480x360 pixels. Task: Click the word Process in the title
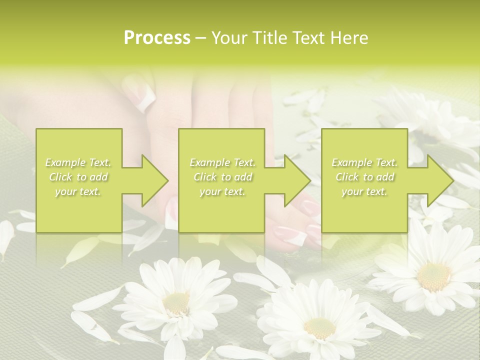click(157, 38)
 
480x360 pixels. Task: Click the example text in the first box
click(78, 176)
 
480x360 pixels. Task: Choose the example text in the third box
click(364, 176)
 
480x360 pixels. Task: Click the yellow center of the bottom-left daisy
click(176, 302)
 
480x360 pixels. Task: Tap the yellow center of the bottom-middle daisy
click(320, 328)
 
